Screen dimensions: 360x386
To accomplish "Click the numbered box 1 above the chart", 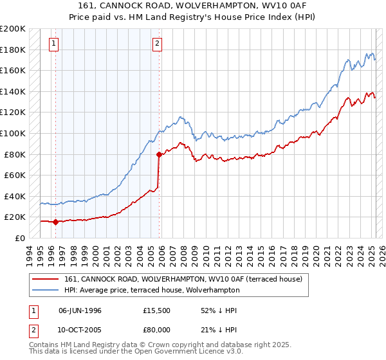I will (x=54, y=44).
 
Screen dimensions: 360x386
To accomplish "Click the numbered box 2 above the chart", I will (x=157, y=44).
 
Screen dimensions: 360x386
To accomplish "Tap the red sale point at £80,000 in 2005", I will (x=159, y=154).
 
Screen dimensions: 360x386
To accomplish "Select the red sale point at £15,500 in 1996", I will (x=55, y=222).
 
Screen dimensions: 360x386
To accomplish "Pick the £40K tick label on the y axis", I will (x=14, y=196).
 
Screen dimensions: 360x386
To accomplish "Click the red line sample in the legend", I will (x=46, y=278).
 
